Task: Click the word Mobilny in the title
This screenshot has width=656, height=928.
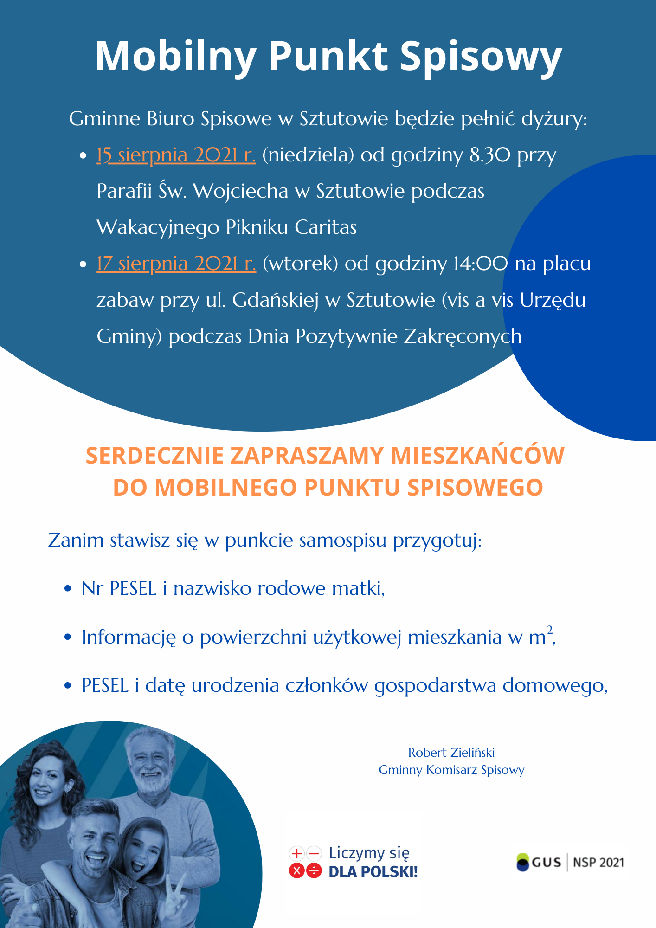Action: [175, 57]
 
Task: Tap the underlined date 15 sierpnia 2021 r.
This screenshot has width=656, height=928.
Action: [176, 155]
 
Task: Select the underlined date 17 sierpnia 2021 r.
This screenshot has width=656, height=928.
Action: [176, 264]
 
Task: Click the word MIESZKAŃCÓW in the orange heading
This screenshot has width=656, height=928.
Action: [477, 455]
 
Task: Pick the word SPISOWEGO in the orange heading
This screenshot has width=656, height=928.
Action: [475, 487]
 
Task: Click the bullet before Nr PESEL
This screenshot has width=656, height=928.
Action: [68, 589]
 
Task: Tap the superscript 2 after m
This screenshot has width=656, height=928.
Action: [550, 630]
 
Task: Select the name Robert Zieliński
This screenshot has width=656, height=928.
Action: [451, 752]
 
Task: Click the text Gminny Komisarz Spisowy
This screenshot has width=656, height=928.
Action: [451, 770]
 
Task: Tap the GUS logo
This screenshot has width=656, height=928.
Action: [538, 862]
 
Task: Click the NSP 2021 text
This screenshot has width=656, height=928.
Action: [598, 862]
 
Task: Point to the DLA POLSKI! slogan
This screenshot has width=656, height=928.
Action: [373, 872]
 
